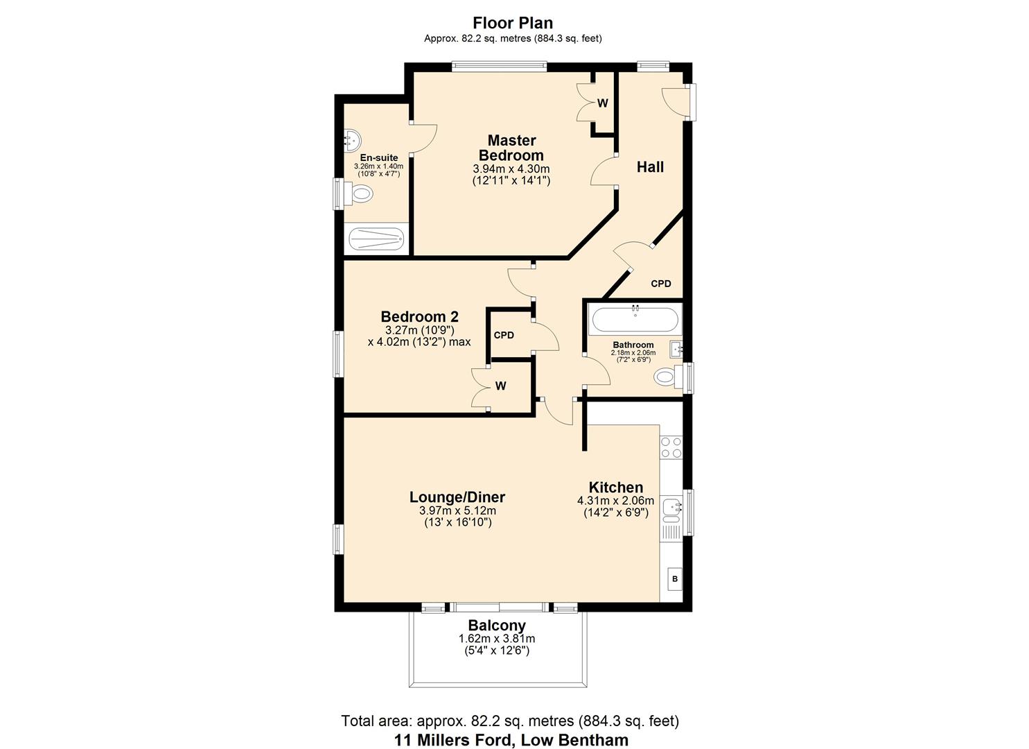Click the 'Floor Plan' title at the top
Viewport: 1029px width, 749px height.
[x=513, y=24]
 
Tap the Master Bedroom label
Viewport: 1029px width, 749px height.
[x=511, y=148]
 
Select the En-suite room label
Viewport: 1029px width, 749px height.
[x=378, y=158]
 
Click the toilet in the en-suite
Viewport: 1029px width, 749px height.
[x=361, y=196]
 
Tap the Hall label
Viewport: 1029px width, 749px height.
[x=650, y=167]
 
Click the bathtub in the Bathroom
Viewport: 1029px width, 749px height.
[x=635, y=320]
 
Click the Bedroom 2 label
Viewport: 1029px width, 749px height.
[x=419, y=317]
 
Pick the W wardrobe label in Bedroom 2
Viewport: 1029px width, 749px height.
[x=500, y=386]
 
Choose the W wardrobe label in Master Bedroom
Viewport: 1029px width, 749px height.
[x=602, y=103]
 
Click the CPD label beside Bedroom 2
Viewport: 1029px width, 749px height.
[x=504, y=336]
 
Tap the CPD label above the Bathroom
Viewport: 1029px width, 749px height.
[x=660, y=284]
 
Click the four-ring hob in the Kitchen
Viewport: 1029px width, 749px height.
[x=671, y=447]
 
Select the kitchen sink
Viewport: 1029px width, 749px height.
[x=671, y=509]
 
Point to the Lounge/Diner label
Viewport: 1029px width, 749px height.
[x=457, y=497]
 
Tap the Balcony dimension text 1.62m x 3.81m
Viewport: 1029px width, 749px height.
[x=496, y=639]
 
